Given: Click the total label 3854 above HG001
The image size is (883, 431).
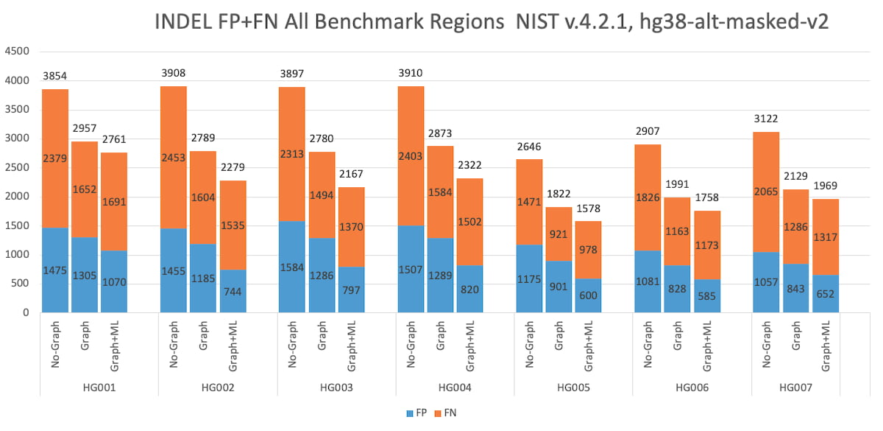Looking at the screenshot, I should tap(55, 76).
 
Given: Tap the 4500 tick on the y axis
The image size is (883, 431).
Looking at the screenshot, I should tap(16, 52).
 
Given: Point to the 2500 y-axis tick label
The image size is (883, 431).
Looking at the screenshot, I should tap(16, 168).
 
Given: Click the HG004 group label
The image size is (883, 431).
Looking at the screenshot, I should tap(455, 387).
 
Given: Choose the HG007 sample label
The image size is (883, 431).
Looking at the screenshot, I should tap(795, 387).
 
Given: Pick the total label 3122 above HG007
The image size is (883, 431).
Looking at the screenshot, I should tap(766, 119).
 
